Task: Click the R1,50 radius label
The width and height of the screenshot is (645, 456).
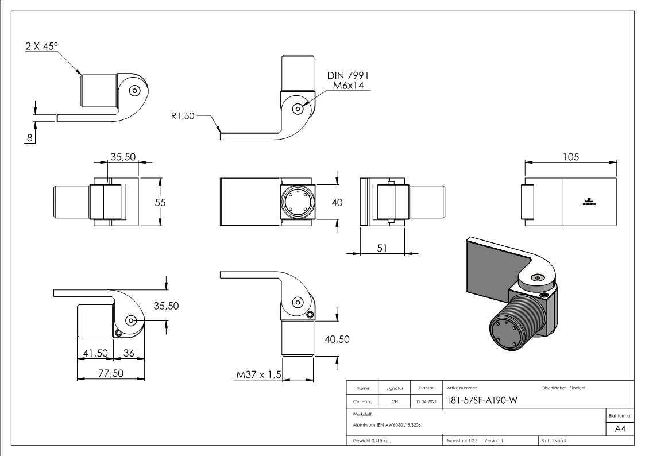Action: [x=183, y=115]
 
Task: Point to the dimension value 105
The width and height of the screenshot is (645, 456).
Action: [x=570, y=156]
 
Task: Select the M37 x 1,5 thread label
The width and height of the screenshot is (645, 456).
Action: [x=258, y=374]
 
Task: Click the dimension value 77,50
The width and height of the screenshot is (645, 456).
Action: [x=110, y=373]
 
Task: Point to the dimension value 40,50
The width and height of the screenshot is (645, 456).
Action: [x=337, y=339]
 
